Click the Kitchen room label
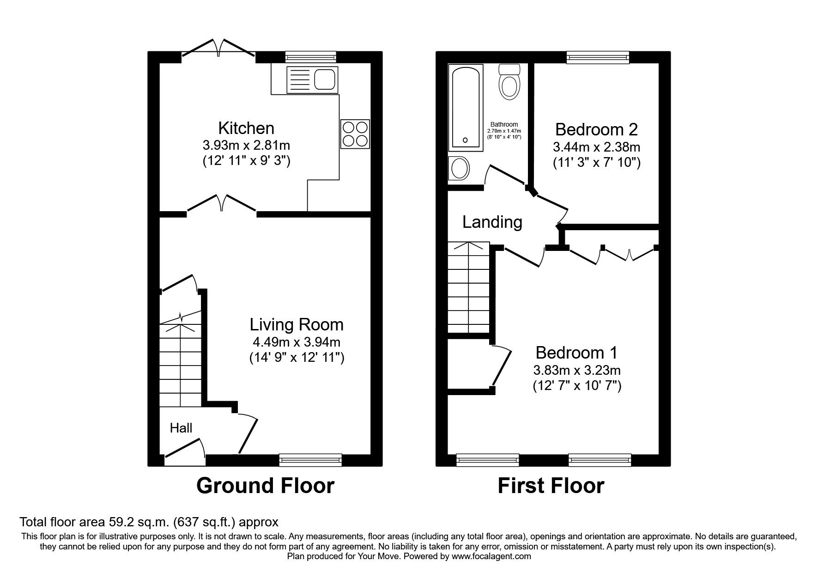[246, 128]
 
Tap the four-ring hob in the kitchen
[355, 134]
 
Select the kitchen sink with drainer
[312, 79]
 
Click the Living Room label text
[297, 324]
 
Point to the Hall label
[181, 428]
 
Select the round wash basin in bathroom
[459, 168]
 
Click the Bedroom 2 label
[596, 129]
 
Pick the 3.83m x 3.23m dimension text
[577, 371]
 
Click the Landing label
[492, 222]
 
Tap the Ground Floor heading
[265, 486]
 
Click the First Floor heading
[551, 486]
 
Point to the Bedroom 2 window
[598, 57]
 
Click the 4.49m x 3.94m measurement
[297, 342]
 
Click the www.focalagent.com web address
[491, 556]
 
